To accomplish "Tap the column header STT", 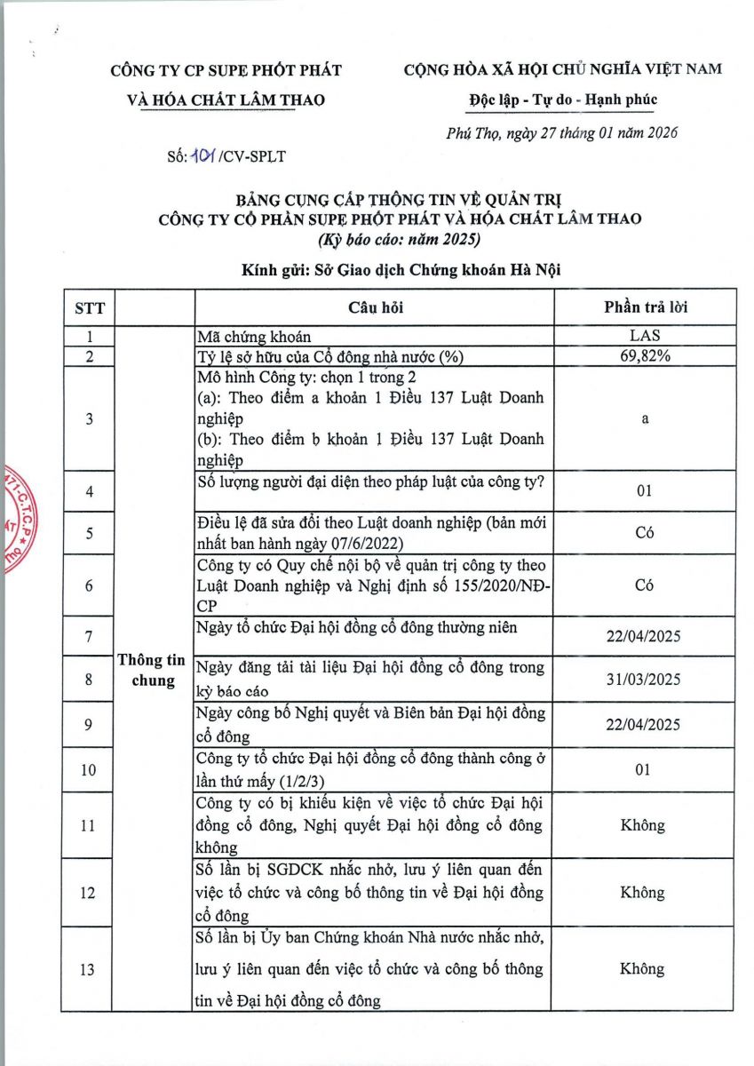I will coord(89,307).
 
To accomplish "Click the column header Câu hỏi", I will coord(374,307).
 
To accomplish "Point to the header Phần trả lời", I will coord(645,307).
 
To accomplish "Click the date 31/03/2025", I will coord(645,680).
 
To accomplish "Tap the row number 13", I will coord(87,969).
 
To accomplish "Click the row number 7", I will coord(87,636).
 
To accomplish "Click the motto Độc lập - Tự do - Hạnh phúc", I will coord(563,99).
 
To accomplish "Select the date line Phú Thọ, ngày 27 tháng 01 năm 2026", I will coord(561,134).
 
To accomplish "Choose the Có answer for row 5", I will coord(645,534).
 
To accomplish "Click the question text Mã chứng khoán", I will coord(255,338).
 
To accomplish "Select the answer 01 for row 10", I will coord(645,769).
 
